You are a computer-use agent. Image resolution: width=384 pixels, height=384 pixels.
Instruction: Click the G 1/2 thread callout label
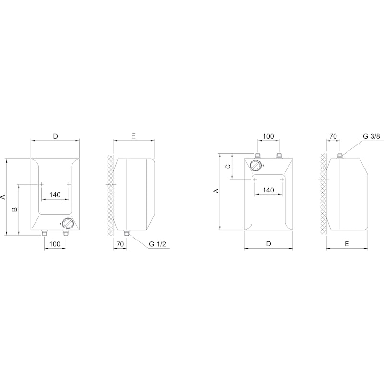pyautogui.click(x=157, y=244)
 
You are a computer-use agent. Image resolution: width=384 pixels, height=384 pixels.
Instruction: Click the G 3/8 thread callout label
pyautogui.click(x=371, y=136)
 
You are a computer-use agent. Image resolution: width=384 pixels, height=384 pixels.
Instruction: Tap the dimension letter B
pyautogui.click(x=15, y=209)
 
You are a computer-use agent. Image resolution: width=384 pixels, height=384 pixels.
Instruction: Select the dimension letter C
pyautogui.click(x=228, y=167)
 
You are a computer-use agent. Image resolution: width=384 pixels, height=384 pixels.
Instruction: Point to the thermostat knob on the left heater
pyautogui.click(x=67, y=224)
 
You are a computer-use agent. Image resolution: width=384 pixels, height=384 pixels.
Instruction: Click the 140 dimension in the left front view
pyautogui.click(x=55, y=195)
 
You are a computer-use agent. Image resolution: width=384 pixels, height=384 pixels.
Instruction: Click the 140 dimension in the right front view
pyautogui.click(x=268, y=190)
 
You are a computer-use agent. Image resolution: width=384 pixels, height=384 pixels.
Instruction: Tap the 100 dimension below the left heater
pyautogui.click(x=55, y=244)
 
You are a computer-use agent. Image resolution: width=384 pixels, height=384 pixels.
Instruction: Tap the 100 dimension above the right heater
pyautogui.click(x=268, y=136)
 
